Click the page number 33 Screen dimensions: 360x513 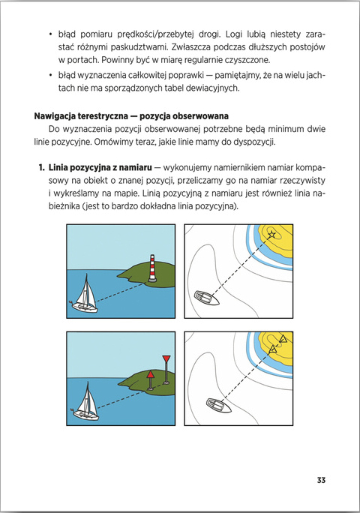click(x=321, y=480)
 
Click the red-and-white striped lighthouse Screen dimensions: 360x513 click(x=152, y=268)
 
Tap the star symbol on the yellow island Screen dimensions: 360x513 click(x=272, y=234)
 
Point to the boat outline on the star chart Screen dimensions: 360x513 click(x=206, y=298)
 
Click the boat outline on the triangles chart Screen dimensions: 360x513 click(x=219, y=406)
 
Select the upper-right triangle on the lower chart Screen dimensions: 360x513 click(x=283, y=338)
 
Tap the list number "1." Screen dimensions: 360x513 click(x=41, y=167)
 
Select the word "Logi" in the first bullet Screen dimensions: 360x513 click(x=234, y=34)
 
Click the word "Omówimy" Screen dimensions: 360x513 click(x=115, y=142)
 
